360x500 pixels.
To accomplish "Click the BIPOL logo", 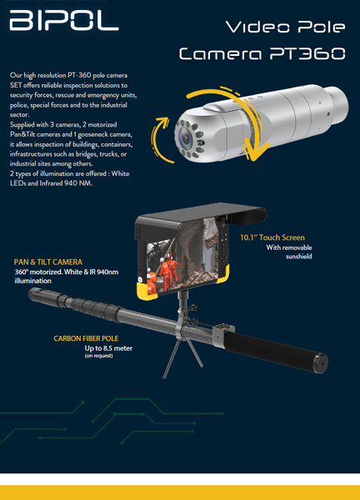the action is [x=64, y=20].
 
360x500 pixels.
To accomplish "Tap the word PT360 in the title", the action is [x=307, y=53].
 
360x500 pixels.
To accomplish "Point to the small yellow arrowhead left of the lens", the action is [x=163, y=122].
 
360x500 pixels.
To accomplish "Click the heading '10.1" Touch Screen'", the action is [x=272, y=237].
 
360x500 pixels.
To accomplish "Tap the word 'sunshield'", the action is [x=299, y=257].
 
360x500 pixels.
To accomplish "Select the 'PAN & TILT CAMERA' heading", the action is [x=48, y=262].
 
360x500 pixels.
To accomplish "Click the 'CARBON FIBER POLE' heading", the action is [x=86, y=338].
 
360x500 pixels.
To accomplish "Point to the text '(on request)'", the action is [x=99, y=356].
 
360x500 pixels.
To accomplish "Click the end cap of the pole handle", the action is [x=320, y=362].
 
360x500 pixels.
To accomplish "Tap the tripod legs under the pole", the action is [x=182, y=357].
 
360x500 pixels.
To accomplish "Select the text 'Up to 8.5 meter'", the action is [x=108, y=348].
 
